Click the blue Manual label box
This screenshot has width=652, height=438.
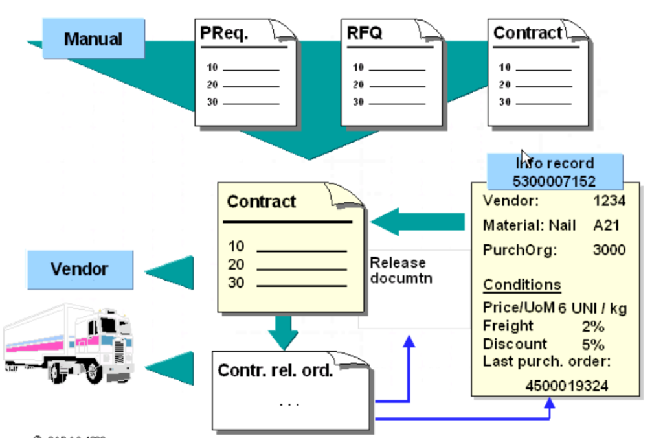click(93, 39)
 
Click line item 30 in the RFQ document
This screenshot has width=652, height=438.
click(358, 102)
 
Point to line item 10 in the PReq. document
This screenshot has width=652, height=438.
click(212, 67)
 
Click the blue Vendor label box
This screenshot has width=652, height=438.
click(80, 268)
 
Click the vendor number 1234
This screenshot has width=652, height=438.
click(609, 202)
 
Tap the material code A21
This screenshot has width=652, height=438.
click(606, 226)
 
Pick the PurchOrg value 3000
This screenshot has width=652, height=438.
click(609, 250)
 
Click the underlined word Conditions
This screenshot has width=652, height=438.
click(522, 285)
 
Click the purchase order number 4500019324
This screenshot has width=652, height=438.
click(567, 387)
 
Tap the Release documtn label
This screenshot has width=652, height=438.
click(398, 271)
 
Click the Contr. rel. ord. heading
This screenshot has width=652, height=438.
click(275, 371)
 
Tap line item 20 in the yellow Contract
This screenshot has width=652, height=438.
click(236, 264)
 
